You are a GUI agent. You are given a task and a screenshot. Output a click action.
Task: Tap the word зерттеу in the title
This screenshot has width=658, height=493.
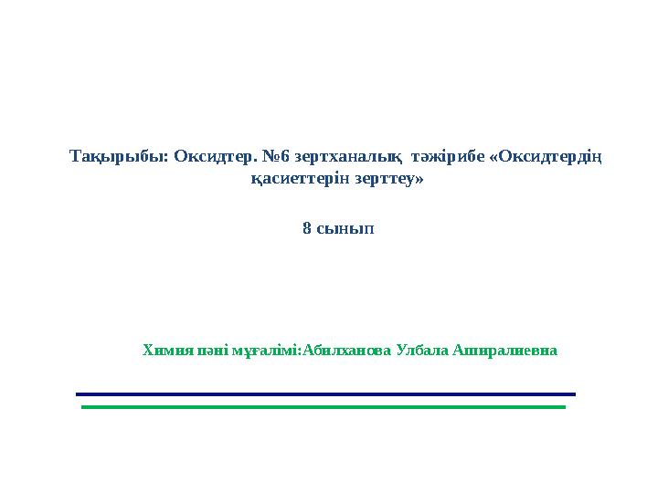click(x=384, y=180)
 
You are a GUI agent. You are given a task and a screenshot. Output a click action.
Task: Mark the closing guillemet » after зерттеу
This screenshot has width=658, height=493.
click(x=420, y=180)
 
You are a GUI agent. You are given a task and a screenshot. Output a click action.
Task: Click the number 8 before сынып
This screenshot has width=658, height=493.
click(x=307, y=228)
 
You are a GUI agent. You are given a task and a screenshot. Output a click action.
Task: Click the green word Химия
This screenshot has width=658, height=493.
click(x=164, y=350)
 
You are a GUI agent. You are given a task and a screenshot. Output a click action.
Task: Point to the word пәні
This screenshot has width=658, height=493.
click(x=207, y=350)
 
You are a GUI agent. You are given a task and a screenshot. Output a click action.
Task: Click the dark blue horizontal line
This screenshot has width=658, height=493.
click(x=325, y=394)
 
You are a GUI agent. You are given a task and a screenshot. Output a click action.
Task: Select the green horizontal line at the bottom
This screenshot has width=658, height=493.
click(x=324, y=407)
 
